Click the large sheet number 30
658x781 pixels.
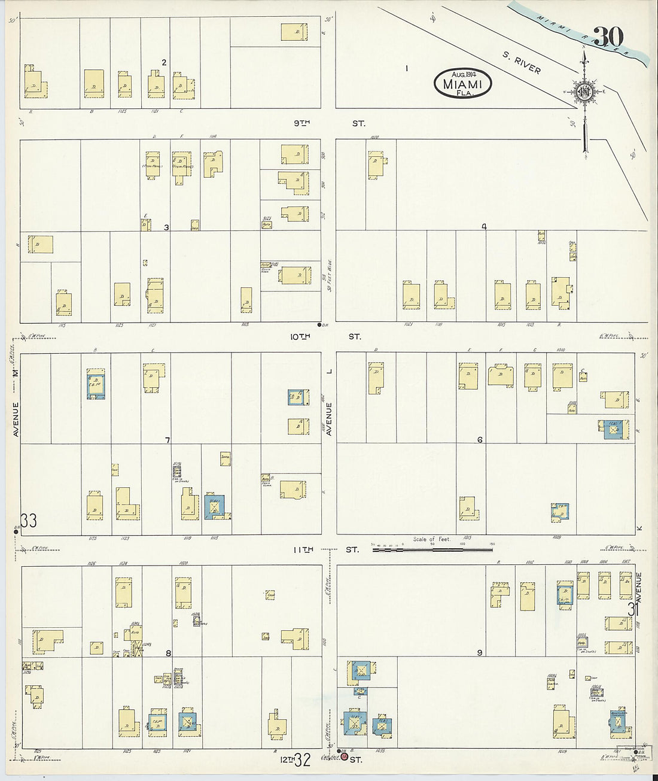coord(609,37)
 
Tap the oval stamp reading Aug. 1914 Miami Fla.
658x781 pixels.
coord(463,83)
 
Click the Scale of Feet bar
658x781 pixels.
coord(432,547)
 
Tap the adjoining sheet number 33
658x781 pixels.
coord(29,520)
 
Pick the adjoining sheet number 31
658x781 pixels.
coord(633,609)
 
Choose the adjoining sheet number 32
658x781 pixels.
coord(303,761)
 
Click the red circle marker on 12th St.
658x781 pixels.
coord(344,756)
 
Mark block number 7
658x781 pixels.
coord(167,440)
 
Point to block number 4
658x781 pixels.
coord(484,227)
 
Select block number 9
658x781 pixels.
coord(479,652)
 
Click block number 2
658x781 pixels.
coord(163,62)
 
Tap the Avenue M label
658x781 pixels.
coord(16,401)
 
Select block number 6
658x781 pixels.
coord(480,440)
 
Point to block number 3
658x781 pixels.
coord(166,227)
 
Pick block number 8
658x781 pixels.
coord(168,653)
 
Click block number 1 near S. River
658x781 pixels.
coord(407,68)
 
